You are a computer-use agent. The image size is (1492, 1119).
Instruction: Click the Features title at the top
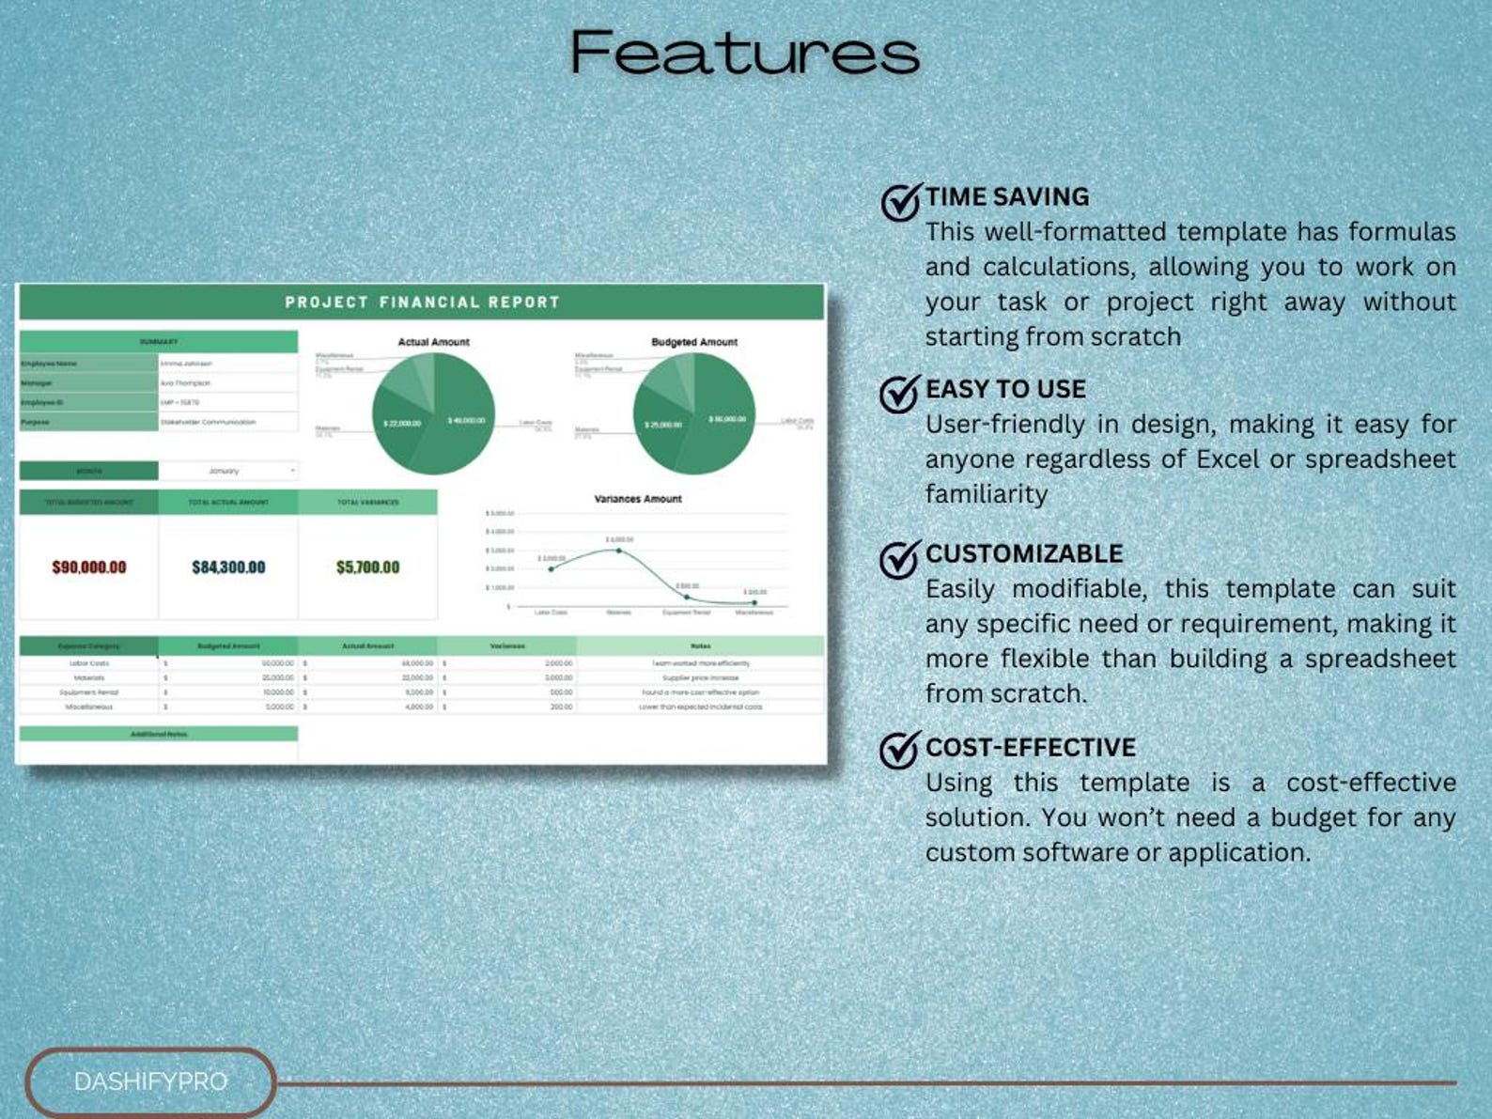[744, 53]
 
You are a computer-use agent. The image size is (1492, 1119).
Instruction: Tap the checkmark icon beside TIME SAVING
[900, 201]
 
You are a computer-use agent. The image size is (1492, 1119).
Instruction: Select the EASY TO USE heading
[1004, 389]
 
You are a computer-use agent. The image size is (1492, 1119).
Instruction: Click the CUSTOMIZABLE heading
[1023, 553]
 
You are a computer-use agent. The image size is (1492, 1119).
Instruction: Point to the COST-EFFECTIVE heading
[1030, 747]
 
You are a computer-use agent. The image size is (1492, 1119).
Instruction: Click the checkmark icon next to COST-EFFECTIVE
[899, 750]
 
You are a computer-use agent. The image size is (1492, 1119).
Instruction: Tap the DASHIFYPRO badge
[150, 1081]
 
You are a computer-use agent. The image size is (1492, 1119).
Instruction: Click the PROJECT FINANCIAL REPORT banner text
[422, 303]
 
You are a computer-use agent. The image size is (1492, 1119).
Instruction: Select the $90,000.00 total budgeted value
[89, 567]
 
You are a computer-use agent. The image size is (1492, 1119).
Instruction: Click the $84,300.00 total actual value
[228, 567]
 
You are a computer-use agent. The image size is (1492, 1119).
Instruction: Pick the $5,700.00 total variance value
[367, 567]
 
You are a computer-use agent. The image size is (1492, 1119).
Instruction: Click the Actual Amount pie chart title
[433, 342]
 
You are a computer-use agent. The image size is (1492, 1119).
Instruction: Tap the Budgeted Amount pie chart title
[694, 342]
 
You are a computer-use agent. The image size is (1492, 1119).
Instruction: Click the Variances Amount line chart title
[637, 499]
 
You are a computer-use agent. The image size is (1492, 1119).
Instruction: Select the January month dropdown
[228, 471]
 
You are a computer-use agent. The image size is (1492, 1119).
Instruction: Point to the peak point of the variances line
[618, 550]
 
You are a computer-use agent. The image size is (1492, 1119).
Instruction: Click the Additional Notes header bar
[159, 734]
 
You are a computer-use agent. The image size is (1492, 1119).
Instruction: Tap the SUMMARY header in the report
[159, 342]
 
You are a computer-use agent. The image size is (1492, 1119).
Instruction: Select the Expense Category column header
[89, 646]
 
